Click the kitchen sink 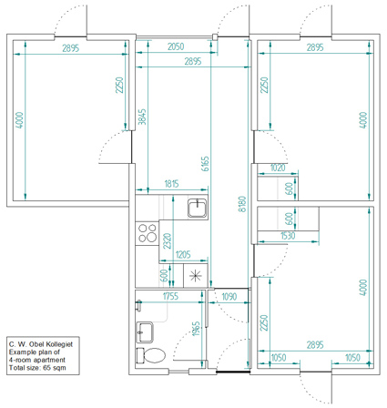coord(198,209)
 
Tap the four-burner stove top coord(148,232)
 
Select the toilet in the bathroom coord(151,355)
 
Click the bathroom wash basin coord(145,332)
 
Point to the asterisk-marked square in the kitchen coord(196,275)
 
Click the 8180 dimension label coord(242,204)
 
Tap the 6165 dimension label coord(205,164)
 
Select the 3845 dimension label coord(142,117)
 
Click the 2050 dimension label coord(176,46)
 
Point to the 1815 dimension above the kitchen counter coord(171,184)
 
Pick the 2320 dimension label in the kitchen coord(168,241)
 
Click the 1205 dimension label coord(183,254)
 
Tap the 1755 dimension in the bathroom coord(170,296)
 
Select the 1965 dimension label coord(196,329)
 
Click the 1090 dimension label coord(229,296)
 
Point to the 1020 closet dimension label coord(278,168)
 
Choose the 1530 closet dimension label coord(288,236)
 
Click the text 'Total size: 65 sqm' coord(37,368)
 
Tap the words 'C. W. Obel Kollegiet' coord(41,344)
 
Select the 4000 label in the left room coord(19,120)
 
